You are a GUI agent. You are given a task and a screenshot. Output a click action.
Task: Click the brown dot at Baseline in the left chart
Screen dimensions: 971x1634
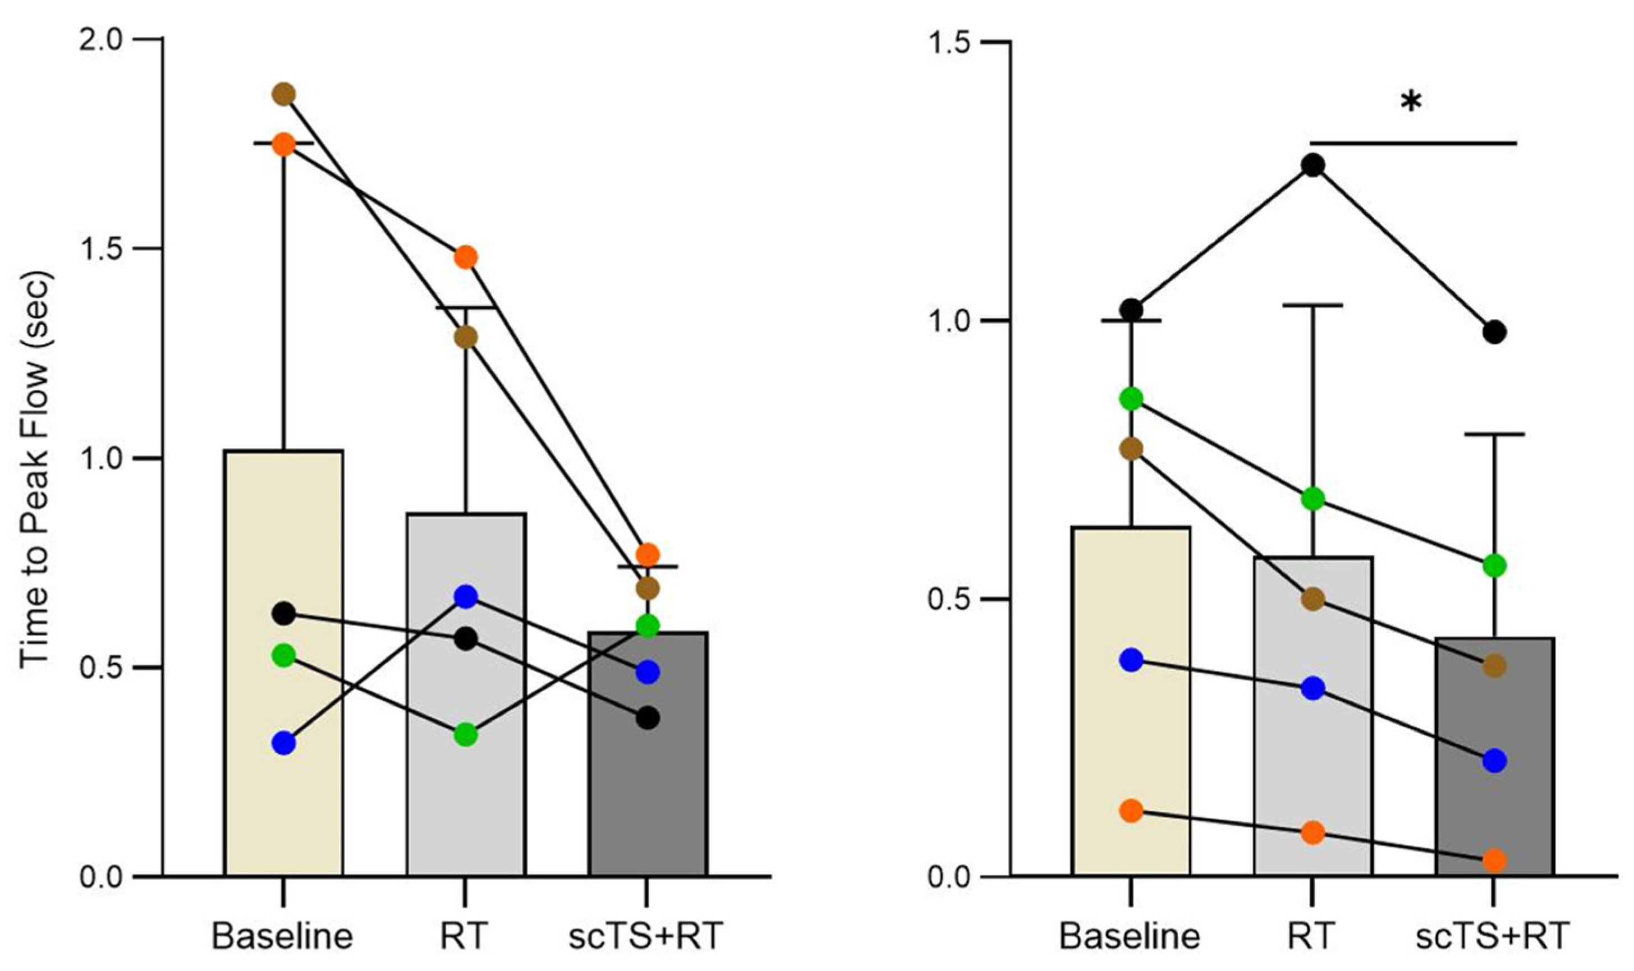[283, 94]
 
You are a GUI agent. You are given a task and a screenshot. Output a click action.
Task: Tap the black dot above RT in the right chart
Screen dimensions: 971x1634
[1312, 165]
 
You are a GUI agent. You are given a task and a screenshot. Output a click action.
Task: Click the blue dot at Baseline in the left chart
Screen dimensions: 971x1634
[283, 743]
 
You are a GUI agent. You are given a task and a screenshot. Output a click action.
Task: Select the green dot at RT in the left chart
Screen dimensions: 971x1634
[466, 735]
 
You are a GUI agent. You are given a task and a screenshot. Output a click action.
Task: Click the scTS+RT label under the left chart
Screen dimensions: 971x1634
[645, 936]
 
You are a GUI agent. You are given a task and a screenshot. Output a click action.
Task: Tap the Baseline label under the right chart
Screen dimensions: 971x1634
[1130, 936]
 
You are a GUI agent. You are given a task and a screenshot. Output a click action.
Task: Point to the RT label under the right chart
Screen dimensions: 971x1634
[1312, 936]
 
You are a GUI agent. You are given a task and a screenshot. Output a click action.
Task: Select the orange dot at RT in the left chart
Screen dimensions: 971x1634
[466, 257]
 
